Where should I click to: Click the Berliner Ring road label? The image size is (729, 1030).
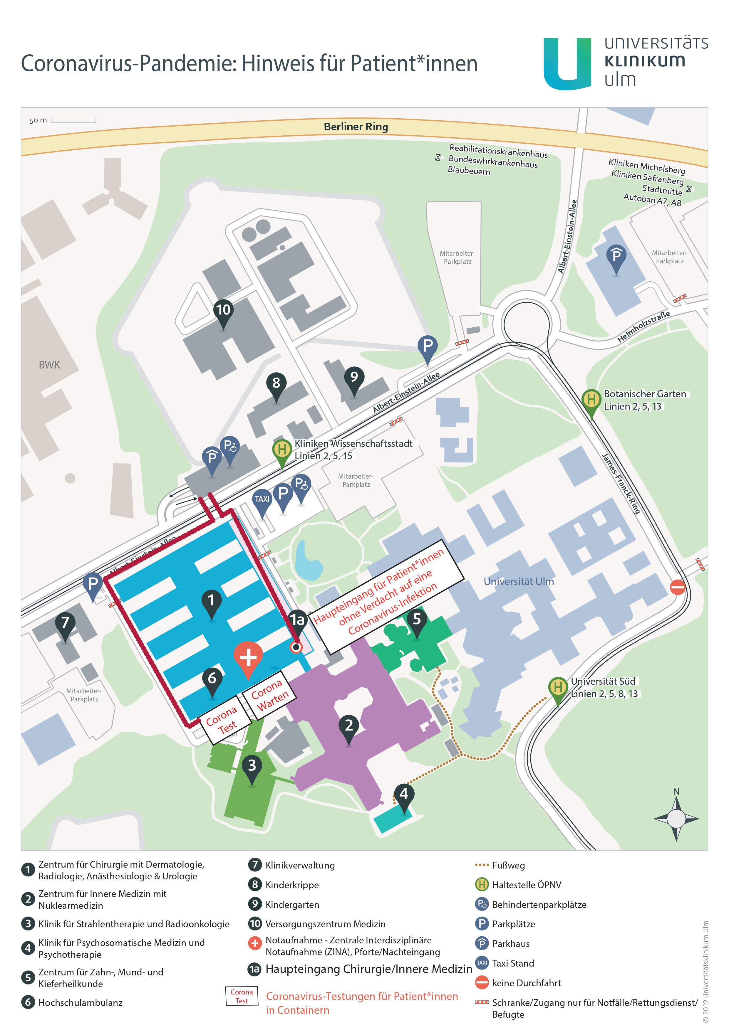(x=356, y=127)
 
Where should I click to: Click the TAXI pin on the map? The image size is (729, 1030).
(x=262, y=503)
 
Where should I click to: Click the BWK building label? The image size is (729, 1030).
(x=49, y=365)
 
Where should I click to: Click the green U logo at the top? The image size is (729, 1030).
(x=567, y=64)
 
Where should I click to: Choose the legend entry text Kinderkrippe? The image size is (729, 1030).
(x=292, y=885)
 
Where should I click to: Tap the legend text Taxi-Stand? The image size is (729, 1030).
(x=513, y=963)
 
